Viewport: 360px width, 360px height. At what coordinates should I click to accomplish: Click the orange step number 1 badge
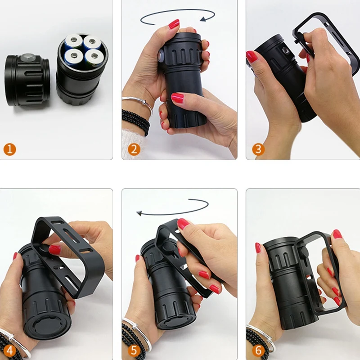[9, 149]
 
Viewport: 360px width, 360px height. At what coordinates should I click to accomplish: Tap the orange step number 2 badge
[134, 149]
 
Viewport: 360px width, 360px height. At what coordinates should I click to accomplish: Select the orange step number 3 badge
[258, 149]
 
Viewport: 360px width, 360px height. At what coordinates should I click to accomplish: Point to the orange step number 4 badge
[9, 351]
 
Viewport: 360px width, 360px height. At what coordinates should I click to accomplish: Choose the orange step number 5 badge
[134, 351]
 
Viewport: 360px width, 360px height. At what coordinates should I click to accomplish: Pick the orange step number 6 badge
[258, 351]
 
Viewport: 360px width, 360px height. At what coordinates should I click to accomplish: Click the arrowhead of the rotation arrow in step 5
[139, 213]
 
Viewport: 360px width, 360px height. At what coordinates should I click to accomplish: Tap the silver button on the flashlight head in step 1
[28, 58]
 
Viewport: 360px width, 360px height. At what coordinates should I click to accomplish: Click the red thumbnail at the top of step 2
[174, 24]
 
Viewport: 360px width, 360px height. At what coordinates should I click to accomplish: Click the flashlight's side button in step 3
[285, 50]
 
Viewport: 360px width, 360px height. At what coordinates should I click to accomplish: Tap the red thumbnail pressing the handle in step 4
[54, 250]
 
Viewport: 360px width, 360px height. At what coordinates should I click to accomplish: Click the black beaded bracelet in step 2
[135, 121]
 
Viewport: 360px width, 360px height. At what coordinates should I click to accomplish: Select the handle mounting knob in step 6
[303, 252]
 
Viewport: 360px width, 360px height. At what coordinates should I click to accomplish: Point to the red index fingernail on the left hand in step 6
[258, 248]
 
